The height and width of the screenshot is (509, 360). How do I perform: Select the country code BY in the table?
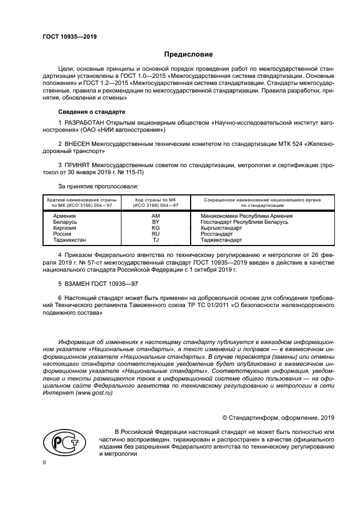(x=155, y=222)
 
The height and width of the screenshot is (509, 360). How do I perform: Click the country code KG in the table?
(x=155, y=228)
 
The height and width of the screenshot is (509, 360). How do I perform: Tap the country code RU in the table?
(x=155, y=234)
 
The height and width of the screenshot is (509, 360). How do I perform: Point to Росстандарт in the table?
(x=217, y=234)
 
